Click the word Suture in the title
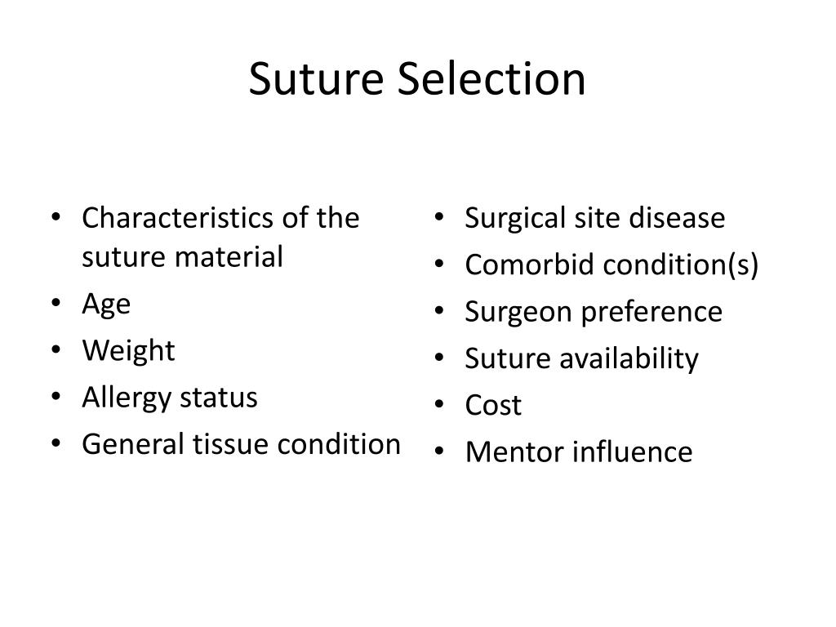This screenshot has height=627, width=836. coord(316,79)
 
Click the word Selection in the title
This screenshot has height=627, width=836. coord(491,79)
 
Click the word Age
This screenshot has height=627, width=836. coord(106,305)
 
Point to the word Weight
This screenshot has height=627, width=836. coord(128,351)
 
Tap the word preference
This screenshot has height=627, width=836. coord(651,312)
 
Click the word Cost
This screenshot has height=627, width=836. coord(493,405)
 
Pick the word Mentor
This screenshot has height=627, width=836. coord(515,452)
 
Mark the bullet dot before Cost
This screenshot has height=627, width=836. coord(439,405)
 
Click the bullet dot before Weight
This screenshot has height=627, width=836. coord(56,349)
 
